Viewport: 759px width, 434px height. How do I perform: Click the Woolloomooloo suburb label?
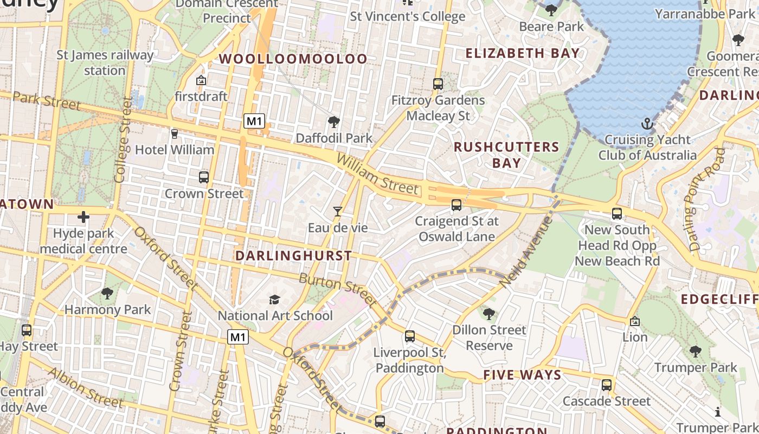(x=293, y=59)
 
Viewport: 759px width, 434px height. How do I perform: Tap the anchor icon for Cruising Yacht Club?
(x=646, y=124)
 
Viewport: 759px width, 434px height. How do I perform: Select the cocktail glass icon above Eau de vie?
(x=338, y=211)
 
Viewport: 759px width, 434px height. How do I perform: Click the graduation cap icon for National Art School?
(x=275, y=299)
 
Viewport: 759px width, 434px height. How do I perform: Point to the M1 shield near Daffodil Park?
(x=254, y=121)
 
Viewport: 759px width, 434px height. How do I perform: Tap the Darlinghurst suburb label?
(x=293, y=256)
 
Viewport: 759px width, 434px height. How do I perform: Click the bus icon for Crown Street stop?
(x=204, y=177)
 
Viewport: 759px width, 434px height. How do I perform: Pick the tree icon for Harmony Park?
(x=107, y=293)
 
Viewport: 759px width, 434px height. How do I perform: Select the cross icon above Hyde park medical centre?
(x=83, y=218)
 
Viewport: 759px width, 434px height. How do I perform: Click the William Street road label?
(x=378, y=175)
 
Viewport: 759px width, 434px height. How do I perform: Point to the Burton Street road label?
(x=338, y=290)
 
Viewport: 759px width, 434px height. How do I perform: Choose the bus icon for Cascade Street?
(x=606, y=385)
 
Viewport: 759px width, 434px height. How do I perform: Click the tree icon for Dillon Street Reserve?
(x=489, y=314)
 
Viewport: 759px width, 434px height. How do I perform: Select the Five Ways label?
(x=522, y=375)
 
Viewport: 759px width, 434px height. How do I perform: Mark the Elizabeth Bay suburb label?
(x=523, y=53)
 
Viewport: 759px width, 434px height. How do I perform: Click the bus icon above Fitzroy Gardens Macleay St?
(x=438, y=84)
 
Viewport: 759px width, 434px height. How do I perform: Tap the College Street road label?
(x=122, y=139)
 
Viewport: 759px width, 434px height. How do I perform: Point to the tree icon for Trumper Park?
(x=695, y=351)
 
